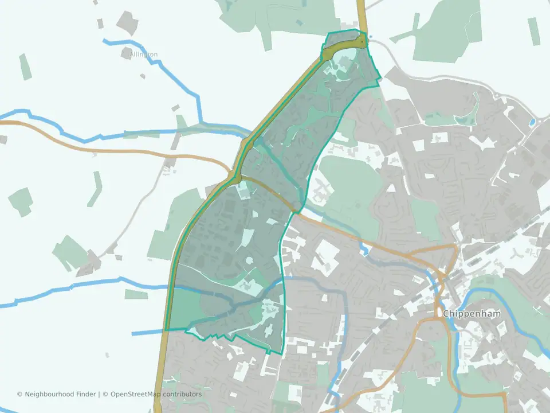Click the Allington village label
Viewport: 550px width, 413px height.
143,54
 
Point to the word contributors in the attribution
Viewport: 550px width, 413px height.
182,394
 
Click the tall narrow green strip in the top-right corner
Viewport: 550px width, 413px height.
533,32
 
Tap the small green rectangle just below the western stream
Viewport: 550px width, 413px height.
136,294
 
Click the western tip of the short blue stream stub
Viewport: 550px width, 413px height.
133,333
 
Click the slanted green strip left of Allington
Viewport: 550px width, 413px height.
26,67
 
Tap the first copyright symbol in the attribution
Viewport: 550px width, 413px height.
19,394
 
